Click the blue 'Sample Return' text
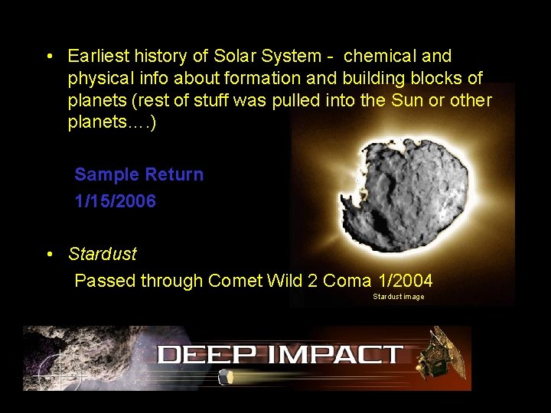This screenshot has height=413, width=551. [139, 174]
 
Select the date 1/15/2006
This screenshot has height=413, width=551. [115, 202]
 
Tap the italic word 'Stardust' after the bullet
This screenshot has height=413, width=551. [102, 253]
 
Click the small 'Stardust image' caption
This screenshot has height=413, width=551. [398, 297]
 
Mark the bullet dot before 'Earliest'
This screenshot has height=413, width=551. [48, 57]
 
